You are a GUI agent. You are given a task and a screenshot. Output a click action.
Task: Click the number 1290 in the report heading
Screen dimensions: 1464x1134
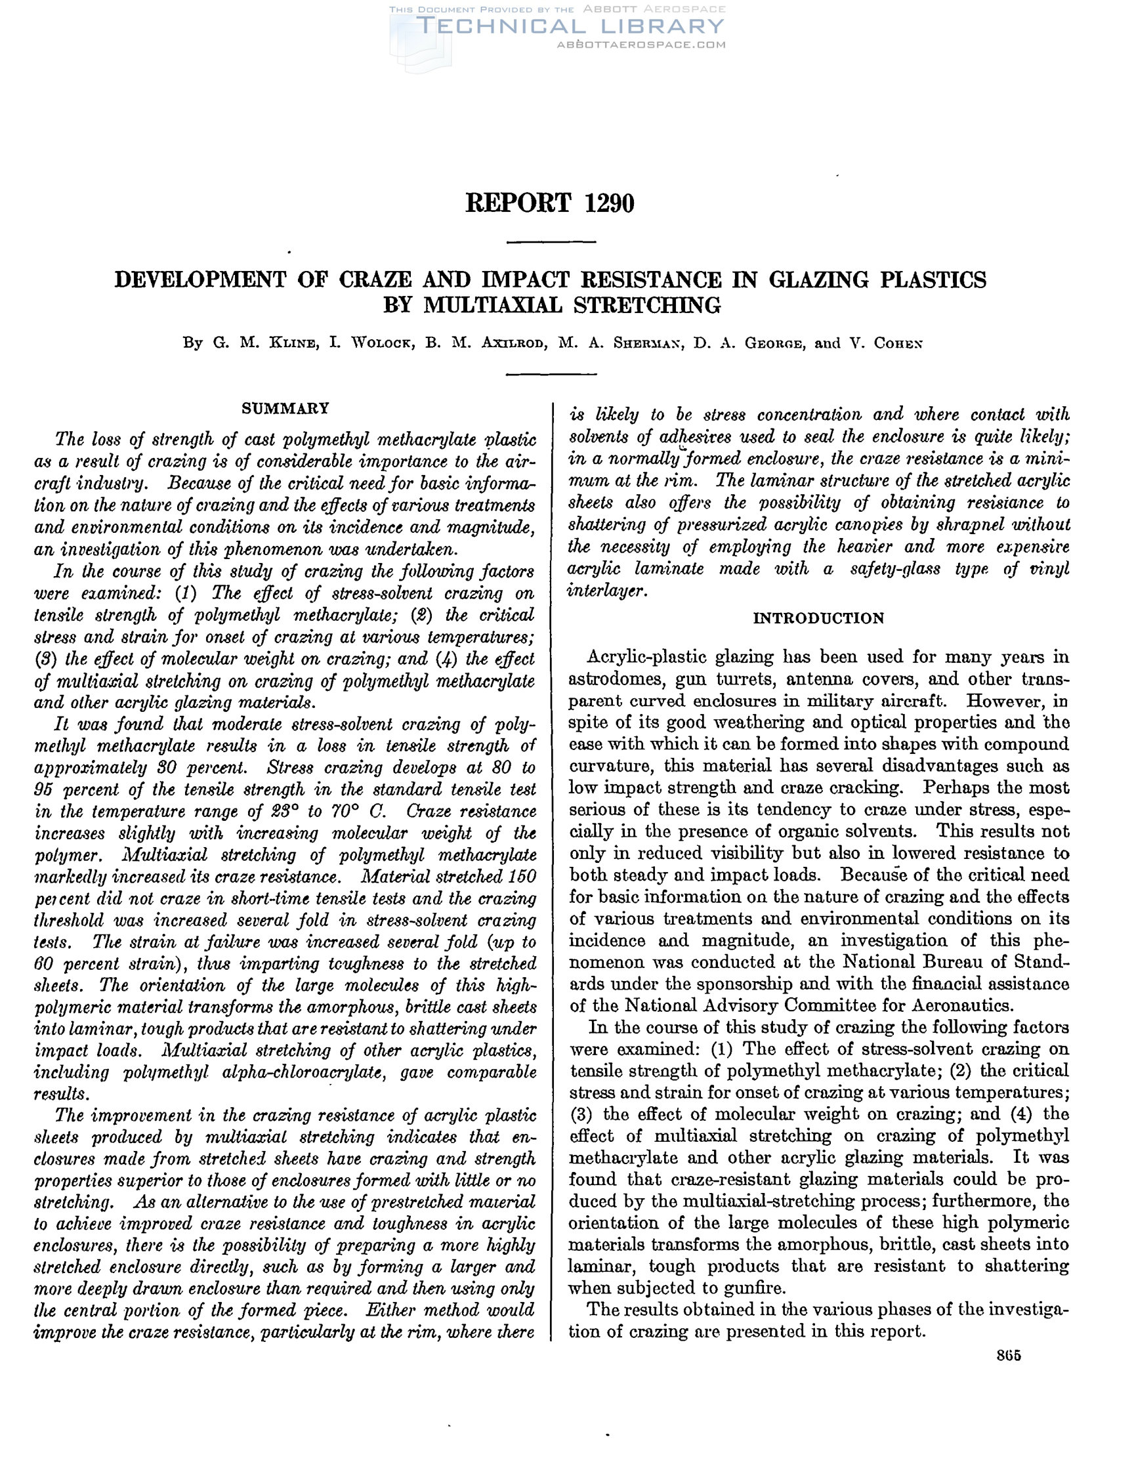[x=608, y=203]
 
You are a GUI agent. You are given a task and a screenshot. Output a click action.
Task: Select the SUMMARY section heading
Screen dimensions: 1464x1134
[x=285, y=408]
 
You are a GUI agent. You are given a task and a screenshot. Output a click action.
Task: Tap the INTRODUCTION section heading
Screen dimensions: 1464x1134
[x=818, y=618]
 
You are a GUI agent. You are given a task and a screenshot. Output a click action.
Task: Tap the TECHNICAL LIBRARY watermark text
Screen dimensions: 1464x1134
[x=570, y=26]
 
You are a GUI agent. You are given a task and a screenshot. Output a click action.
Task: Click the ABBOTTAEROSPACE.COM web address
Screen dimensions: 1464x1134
[x=641, y=45]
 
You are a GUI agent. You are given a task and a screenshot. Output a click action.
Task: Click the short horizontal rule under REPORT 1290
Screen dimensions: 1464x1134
[x=551, y=241]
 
